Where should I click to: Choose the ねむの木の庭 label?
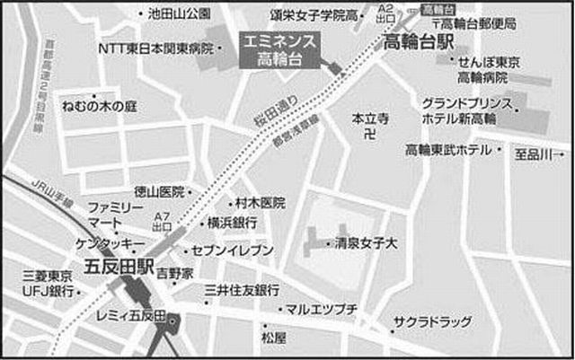[98, 105]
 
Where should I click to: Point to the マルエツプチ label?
[322, 310]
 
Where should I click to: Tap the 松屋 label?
[273, 338]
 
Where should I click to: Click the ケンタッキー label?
[110, 243]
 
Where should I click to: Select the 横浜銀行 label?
[232, 222]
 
